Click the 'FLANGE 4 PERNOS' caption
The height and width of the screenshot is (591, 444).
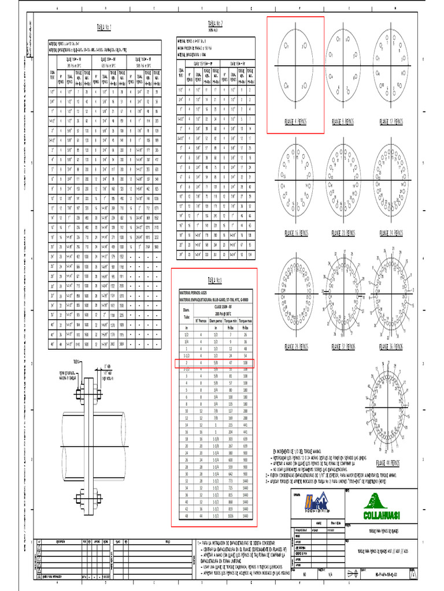[295, 122]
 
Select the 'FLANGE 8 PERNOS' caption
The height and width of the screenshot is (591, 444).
[343, 122]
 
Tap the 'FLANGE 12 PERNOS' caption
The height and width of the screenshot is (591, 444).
[391, 122]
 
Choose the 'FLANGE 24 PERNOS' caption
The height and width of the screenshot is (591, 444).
[391, 233]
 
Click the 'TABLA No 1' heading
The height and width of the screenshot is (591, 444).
[103, 27]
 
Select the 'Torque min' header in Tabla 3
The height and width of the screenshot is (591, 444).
[230, 319]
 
